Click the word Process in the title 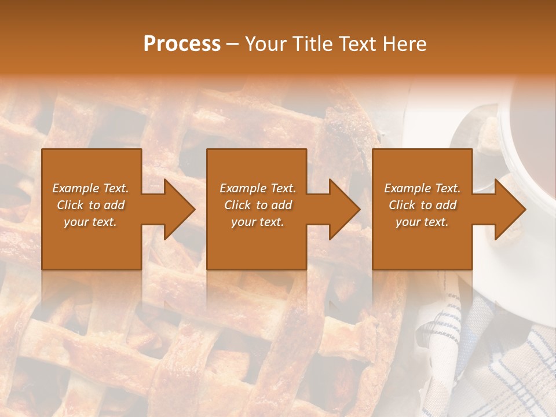tap(182, 44)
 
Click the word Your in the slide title tap(265, 44)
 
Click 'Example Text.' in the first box tap(90, 188)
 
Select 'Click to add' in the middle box tap(258, 205)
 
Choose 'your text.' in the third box tap(422, 222)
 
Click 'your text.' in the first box tap(90, 222)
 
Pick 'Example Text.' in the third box tap(422, 188)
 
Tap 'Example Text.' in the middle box tap(258, 188)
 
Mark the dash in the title tap(232, 44)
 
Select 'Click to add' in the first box tap(90, 205)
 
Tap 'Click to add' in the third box tap(422, 205)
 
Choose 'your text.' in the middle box tap(258, 222)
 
